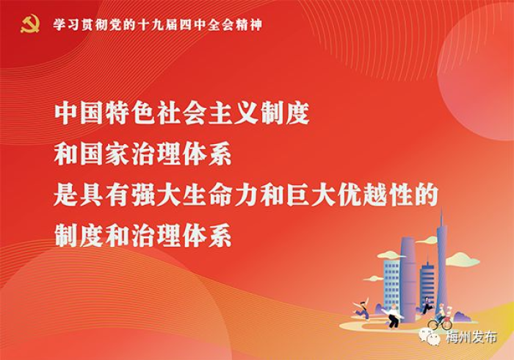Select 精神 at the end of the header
(250, 24)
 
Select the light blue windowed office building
(391, 281)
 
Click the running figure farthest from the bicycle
(361, 309)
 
